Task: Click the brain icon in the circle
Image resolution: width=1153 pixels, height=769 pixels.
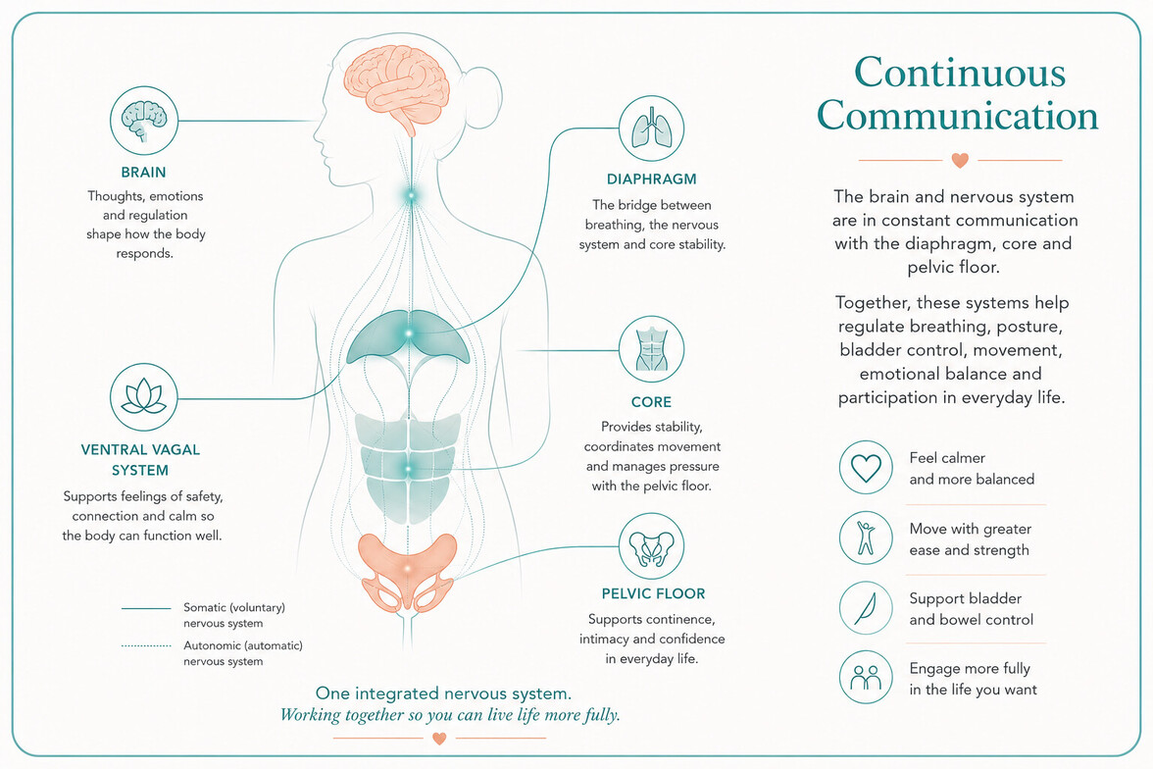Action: point(144,120)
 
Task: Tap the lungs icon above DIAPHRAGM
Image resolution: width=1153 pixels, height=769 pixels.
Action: point(651,128)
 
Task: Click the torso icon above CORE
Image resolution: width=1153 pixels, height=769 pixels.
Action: point(651,349)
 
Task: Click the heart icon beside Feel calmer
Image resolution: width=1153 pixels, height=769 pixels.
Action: point(867,468)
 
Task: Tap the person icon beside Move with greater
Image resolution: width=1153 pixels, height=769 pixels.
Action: point(866,538)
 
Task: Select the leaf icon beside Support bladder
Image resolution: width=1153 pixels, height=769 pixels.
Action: point(866,608)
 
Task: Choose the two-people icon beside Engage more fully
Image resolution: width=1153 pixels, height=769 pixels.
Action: point(866,678)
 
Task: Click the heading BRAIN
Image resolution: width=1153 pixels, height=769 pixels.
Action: point(143,173)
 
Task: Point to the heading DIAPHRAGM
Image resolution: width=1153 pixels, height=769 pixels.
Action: point(651,179)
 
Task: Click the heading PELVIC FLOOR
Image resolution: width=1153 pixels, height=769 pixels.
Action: point(653,593)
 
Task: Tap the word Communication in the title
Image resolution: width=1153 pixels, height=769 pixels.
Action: point(957,117)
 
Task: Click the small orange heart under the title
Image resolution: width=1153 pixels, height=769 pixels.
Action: point(960,160)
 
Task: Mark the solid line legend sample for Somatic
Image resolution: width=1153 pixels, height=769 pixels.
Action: point(146,608)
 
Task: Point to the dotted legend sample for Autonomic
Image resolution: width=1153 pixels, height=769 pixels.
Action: point(146,646)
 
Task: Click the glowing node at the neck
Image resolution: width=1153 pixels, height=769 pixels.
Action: point(411,196)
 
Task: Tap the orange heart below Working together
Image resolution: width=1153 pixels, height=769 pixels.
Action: point(439,738)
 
